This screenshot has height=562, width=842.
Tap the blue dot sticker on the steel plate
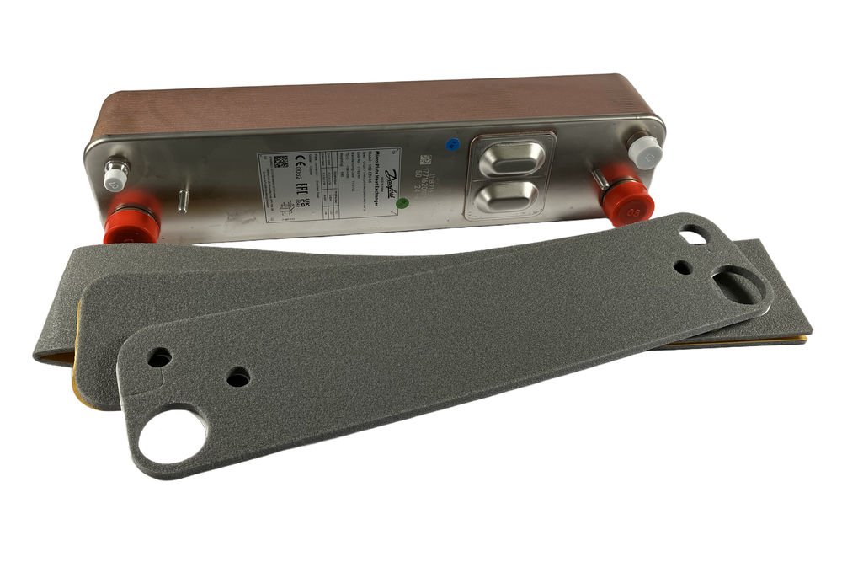(452, 144)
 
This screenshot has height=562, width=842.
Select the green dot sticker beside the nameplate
(403, 202)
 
